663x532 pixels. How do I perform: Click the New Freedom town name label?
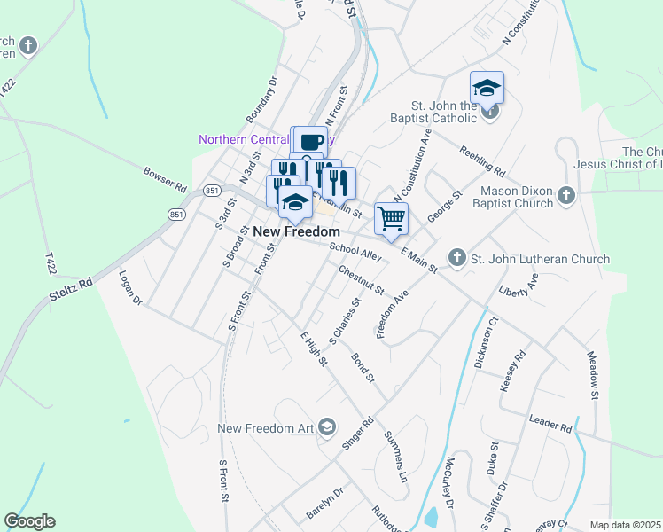pos(297,231)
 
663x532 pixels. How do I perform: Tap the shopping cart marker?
pos(391,217)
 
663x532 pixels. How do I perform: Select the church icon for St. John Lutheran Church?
pos(456,258)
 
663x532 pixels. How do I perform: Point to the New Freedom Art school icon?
pos(327,428)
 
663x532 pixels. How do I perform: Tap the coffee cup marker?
pos(310,142)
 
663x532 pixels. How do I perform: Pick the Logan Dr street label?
pos(131,288)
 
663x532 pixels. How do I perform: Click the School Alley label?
pos(355,253)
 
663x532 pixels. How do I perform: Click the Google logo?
pos(29,521)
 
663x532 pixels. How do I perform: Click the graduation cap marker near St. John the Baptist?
pos(487,89)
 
